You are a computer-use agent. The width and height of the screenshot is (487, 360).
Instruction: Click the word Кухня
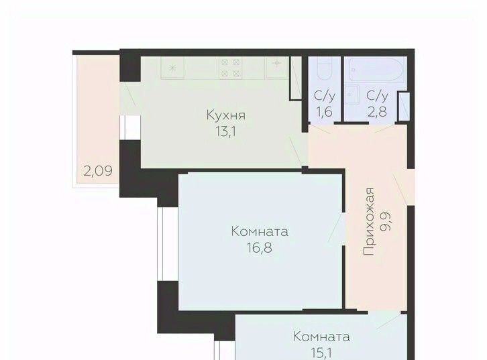point(226,115)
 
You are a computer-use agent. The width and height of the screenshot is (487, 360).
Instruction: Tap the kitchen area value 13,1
point(226,131)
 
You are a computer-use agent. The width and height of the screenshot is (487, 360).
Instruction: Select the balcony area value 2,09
point(98,171)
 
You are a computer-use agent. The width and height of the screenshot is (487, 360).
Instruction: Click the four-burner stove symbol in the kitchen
point(231,68)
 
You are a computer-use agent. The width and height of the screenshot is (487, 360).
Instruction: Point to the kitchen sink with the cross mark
point(277,67)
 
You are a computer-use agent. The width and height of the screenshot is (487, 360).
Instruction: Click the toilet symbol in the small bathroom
point(325,68)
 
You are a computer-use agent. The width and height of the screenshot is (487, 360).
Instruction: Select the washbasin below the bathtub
point(352,95)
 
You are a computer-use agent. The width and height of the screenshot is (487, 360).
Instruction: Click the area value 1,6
point(325,111)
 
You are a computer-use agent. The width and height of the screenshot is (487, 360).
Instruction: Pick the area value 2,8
point(377,111)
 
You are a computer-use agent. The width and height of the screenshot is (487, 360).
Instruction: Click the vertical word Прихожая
point(369,221)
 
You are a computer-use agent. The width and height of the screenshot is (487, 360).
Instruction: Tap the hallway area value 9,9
point(386,222)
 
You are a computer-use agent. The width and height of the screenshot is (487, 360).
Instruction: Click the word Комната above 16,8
point(260,231)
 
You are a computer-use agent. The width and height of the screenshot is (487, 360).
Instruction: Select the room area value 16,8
point(260,247)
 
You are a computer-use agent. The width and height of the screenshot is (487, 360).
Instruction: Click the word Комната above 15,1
point(321,337)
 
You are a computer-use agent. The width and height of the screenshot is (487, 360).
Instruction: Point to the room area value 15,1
point(321,353)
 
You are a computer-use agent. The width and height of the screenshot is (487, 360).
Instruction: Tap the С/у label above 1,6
point(325,96)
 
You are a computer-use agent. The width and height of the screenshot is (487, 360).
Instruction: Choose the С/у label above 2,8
point(378,96)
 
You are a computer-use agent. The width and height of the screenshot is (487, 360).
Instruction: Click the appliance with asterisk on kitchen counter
point(172,68)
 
